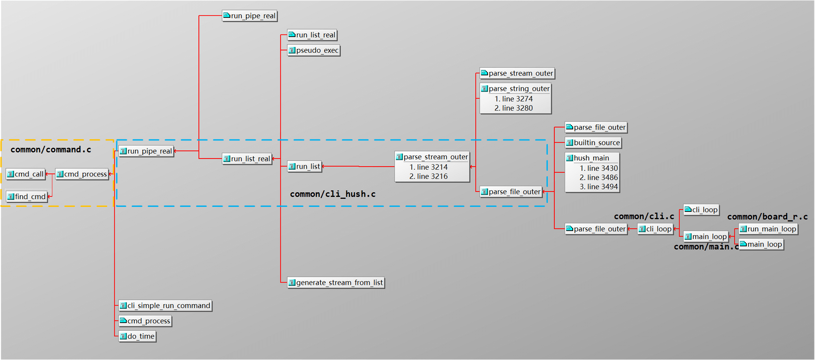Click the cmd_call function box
coord(26,174)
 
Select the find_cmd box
coord(26,197)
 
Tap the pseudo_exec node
coord(314,50)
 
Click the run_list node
coord(304,166)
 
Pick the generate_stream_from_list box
coord(336,283)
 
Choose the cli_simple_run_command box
coord(165,306)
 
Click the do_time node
coord(137,336)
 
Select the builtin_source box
coord(593,143)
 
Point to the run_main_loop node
coord(768,229)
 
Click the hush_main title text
coord(591,158)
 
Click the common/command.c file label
coord(51,150)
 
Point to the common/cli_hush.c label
coord(332,194)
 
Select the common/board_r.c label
coord(767,217)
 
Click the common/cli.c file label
coord(644,216)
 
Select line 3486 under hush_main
coord(598,178)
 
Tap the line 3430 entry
coord(598,168)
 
